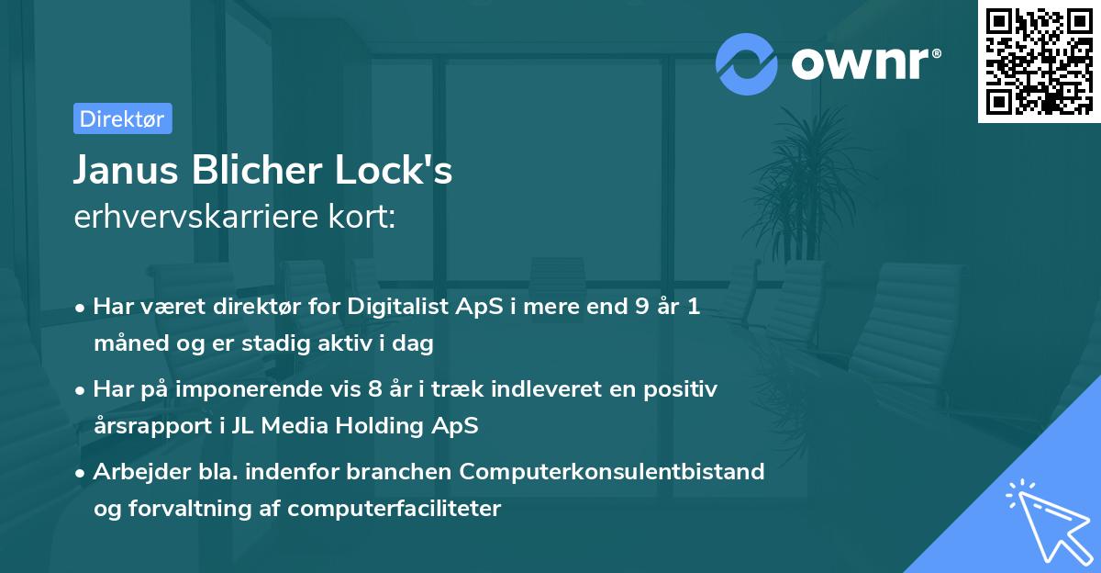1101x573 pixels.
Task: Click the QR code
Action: click(1039, 62)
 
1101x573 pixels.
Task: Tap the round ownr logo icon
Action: click(748, 63)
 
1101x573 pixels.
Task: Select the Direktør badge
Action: click(122, 118)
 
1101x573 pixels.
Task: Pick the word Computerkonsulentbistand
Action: click(612, 472)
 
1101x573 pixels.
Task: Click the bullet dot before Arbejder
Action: click(81, 473)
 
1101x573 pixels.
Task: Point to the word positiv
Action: click(682, 389)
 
